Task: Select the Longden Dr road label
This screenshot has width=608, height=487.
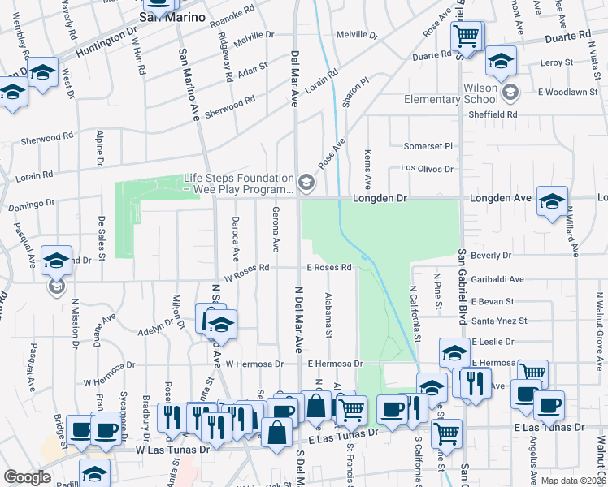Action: click(x=379, y=198)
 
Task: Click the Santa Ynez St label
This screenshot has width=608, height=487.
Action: click(x=499, y=321)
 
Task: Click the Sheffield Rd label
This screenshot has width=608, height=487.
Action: click(x=493, y=114)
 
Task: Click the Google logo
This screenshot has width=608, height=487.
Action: click(x=27, y=476)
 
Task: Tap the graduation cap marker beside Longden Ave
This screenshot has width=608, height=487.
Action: click(x=552, y=201)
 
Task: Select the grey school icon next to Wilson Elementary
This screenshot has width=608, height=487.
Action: click(x=510, y=92)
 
